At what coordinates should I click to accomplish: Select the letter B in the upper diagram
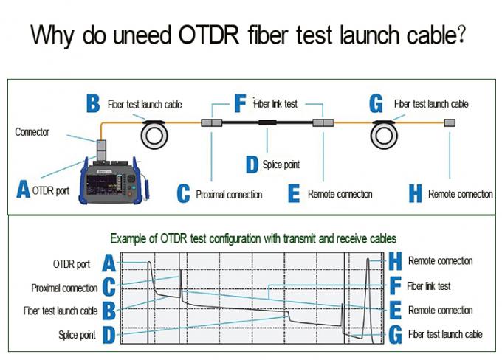point(93,104)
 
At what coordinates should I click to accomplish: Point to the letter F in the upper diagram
point(241,104)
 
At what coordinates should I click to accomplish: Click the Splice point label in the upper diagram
point(281,165)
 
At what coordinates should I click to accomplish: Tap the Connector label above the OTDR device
point(32,132)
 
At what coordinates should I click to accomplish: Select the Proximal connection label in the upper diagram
point(229,195)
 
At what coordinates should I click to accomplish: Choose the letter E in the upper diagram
point(294,194)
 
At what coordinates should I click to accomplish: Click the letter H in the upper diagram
point(415,194)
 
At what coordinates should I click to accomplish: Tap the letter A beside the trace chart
point(109,263)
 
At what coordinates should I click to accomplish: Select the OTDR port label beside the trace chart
point(72,263)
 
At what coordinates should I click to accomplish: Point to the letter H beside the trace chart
point(395,261)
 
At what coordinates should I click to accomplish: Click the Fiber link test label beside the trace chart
point(429,285)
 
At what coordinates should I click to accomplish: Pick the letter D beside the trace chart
point(109,335)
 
